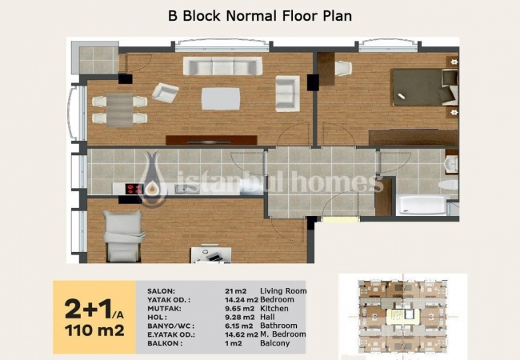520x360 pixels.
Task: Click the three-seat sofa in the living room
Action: point(222,66)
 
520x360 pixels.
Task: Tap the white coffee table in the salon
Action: point(221,98)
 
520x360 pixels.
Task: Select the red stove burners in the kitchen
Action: point(134,189)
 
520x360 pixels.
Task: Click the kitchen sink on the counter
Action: point(183,189)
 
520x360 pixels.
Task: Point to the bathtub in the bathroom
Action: point(422,206)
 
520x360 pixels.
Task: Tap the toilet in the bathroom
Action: point(448,186)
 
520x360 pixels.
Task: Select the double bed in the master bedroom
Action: point(425,87)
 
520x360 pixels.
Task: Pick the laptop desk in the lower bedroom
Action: point(211,254)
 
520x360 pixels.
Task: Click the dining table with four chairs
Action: point(120,110)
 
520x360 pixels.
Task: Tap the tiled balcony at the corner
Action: point(99,60)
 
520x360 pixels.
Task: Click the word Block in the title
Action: point(202,15)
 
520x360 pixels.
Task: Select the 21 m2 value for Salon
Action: point(235,291)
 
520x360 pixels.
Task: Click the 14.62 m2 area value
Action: point(242,334)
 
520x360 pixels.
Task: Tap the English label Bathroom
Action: point(278,326)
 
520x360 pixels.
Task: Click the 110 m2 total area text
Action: point(94,330)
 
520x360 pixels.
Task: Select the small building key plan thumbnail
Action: point(403,317)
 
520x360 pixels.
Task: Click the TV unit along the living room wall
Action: point(211,140)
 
